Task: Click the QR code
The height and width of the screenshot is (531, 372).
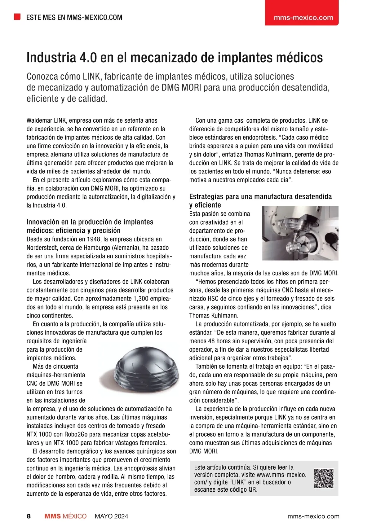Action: tap(324, 478)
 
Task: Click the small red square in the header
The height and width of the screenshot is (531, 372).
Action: tap(17, 17)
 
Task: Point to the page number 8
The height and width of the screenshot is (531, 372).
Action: tap(29, 516)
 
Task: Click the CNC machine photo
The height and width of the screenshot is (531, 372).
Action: tap(300, 233)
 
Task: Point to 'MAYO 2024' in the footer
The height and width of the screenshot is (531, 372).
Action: tap(111, 516)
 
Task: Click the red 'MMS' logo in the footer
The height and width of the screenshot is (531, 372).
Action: tap(52, 516)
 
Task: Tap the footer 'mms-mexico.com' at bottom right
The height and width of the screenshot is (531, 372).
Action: tap(313, 516)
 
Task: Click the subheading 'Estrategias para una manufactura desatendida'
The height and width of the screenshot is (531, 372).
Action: tap(260, 196)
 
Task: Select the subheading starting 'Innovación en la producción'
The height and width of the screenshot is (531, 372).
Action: tap(90, 222)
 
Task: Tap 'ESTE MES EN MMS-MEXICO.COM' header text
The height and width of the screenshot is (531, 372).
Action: tap(74, 17)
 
